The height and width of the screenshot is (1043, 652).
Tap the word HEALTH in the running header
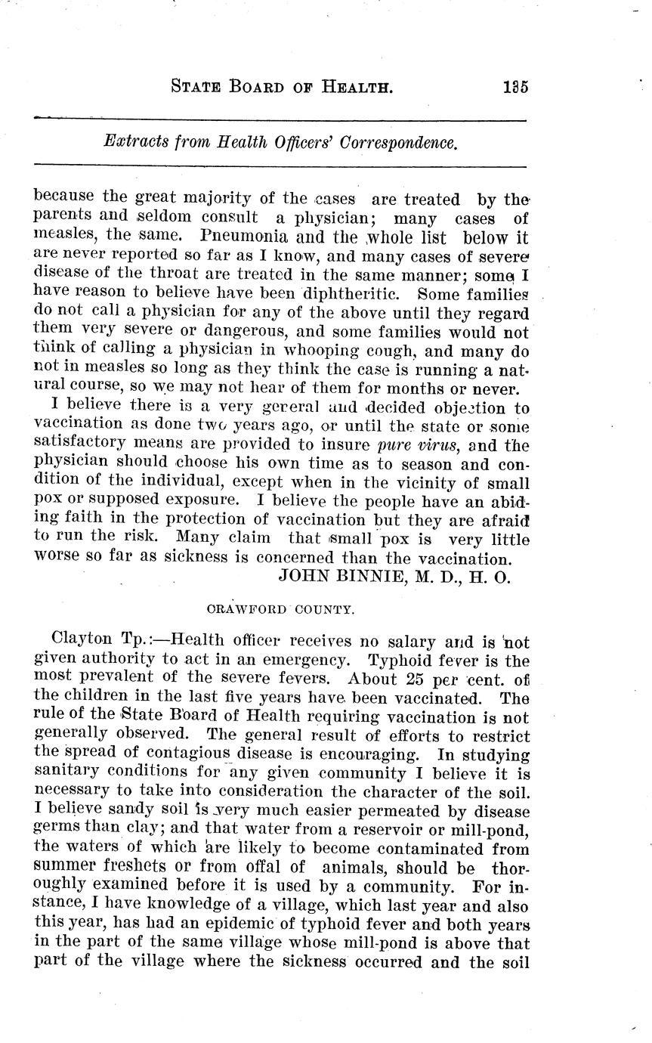[x=347, y=86]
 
